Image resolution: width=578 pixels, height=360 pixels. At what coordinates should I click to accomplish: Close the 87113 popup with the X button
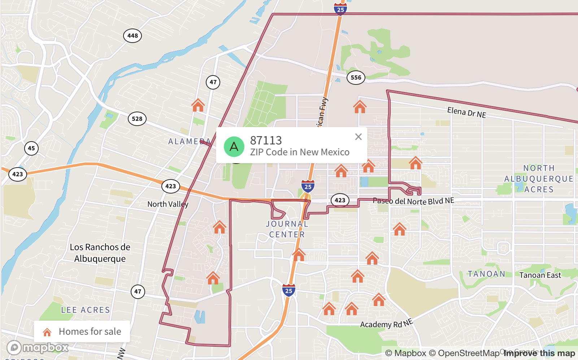(x=358, y=137)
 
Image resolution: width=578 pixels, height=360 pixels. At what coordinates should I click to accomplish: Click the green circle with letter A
(x=234, y=147)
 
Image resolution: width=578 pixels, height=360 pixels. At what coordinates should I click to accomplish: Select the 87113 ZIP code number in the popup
(x=266, y=140)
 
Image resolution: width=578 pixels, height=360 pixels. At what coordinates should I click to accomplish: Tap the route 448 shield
(x=132, y=36)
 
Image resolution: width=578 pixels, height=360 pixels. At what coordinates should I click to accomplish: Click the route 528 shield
(x=137, y=119)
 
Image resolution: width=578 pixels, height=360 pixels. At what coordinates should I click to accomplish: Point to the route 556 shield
(x=356, y=78)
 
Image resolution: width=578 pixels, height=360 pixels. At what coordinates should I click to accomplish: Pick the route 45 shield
(x=31, y=148)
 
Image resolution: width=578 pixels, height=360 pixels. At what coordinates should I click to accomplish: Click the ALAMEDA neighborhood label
(x=190, y=142)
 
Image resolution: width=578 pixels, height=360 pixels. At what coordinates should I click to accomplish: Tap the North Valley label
(x=168, y=204)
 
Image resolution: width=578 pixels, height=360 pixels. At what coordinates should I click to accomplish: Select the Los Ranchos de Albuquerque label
(x=100, y=253)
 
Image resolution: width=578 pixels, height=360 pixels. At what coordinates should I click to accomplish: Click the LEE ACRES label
(x=86, y=310)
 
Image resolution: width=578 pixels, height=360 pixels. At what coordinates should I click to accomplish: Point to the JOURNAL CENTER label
(x=287, y=229)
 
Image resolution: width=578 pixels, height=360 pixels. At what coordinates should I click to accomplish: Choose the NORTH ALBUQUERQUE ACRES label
(x=539, y=179)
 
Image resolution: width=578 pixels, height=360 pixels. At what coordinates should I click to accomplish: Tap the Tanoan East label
(x=540, y=275)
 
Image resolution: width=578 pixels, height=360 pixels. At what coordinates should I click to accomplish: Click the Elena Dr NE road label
(x=466, y=113)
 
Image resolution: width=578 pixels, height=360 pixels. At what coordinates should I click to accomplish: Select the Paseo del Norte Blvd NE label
(x=413, y=201)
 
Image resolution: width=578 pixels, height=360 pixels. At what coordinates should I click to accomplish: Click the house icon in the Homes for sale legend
(x=47, y=332)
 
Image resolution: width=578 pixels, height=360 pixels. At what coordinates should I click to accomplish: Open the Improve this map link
(x=539, y=353)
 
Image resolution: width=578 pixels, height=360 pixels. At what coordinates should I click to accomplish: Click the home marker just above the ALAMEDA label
(x=198, y=105)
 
